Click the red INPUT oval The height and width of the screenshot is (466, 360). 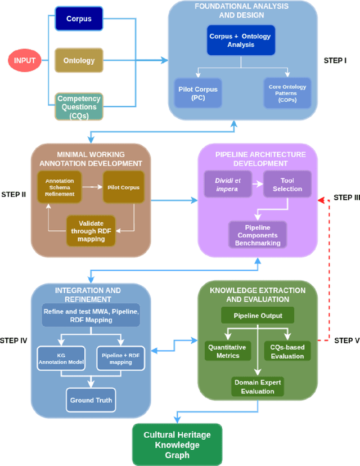pos(25,60)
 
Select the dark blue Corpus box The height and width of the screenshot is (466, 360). pos(79,19)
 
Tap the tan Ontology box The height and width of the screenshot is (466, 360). pos(79,60)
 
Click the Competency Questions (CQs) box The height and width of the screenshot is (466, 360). pos(79,106)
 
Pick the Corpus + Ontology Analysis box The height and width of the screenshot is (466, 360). pos(240,41)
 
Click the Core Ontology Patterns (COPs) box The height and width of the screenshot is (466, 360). pos(287,93)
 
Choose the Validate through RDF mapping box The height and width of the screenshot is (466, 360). pos(91,230)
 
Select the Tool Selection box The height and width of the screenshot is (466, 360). pos(287,185)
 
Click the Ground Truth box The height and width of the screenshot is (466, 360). pos(91,401)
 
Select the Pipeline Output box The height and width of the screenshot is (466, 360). pos(258,316)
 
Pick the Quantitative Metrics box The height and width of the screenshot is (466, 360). pos(228,351)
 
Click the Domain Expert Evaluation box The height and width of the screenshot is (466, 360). pos(257,387)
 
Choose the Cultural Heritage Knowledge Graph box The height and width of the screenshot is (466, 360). pos(177,444)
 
